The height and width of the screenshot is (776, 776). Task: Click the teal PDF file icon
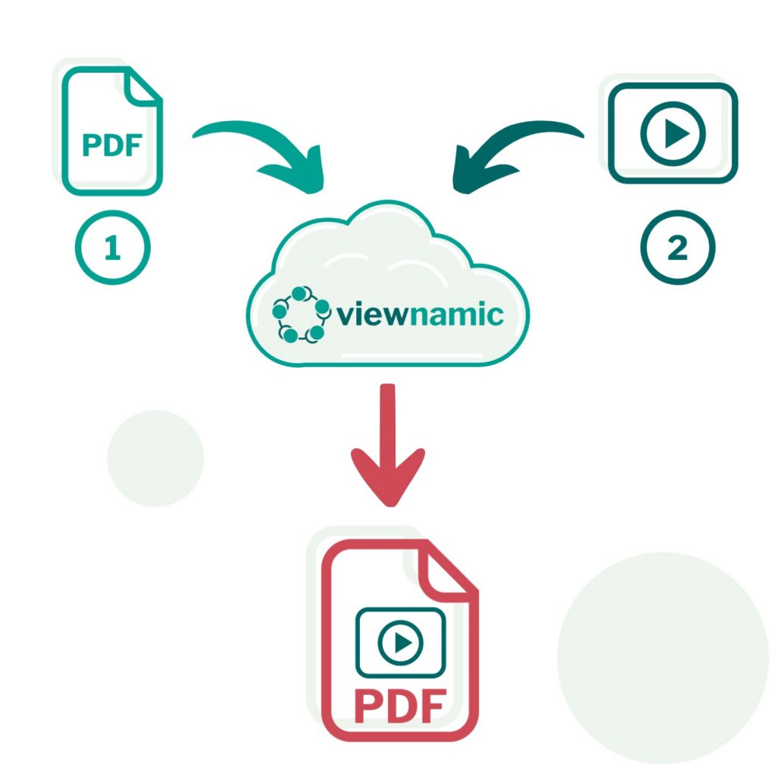click(x=112, y=130)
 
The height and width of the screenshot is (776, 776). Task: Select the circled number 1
click(x=113, y=248)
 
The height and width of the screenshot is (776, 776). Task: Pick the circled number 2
click(x=677, y=248)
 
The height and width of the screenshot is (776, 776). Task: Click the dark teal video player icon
click(x=672, y=133)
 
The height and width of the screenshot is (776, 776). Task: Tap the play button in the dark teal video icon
click(x=674, y=134)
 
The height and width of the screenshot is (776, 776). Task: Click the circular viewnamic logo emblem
click(x=301, y=313)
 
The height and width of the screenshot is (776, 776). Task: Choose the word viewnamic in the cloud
click(x=421, y=313)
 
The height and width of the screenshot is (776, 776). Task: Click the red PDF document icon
click(x=399, y=640)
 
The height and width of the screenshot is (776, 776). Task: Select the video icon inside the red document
click(x=399, y=643)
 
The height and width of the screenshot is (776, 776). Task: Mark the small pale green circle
click(x=155, y=458)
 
